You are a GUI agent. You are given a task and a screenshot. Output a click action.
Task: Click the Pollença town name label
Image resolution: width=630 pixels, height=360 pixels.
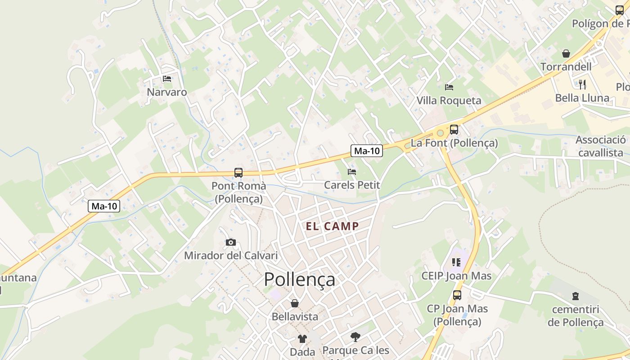point(299,279)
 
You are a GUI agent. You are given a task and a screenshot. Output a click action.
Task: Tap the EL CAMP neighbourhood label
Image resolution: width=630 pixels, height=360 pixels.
point(332,226)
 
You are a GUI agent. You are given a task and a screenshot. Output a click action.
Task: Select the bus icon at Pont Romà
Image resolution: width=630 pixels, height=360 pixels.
point(238,172)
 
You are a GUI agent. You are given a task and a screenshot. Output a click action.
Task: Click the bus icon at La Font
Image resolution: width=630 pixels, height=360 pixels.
point(454,130)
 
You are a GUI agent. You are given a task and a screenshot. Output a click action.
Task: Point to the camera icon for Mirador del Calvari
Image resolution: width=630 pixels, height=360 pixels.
point(230,243)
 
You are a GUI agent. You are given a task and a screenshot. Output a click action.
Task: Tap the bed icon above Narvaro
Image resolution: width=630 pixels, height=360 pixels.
point(167,79)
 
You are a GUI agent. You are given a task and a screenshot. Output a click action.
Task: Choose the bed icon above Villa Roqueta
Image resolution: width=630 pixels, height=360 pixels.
point(449,87)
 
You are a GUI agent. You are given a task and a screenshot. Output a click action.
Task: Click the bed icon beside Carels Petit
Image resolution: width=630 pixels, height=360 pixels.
point(352,171)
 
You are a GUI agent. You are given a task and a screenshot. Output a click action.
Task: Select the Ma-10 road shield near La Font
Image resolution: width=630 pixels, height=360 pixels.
point(367,151)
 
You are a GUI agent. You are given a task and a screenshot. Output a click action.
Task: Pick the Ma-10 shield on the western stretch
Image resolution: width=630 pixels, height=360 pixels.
point(104,206)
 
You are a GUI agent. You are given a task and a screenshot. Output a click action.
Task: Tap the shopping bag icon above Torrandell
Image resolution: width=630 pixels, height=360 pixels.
point(566,54)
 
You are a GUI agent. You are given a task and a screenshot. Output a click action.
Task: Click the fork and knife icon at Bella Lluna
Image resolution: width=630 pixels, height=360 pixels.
point(582,84)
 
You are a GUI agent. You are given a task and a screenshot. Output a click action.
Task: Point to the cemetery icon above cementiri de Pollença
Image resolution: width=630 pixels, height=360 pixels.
point(575,296)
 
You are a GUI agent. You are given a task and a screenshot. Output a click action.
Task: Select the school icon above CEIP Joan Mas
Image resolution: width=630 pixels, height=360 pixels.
point(456,262)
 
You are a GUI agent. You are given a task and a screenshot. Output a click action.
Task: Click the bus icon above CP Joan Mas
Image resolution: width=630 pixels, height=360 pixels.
point(457,295)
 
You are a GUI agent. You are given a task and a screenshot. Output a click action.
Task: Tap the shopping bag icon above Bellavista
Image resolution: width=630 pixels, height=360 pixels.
point(294,303)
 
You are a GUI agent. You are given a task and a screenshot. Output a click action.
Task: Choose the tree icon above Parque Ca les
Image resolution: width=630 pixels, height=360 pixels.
point(355,337)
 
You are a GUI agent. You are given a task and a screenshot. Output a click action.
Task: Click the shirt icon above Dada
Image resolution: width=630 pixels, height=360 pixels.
point(302,338)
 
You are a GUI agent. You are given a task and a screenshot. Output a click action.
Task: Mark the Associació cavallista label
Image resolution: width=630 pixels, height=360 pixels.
point(600,146)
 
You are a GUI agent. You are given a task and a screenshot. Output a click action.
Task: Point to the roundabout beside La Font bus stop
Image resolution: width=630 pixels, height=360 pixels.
point(440,133)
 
